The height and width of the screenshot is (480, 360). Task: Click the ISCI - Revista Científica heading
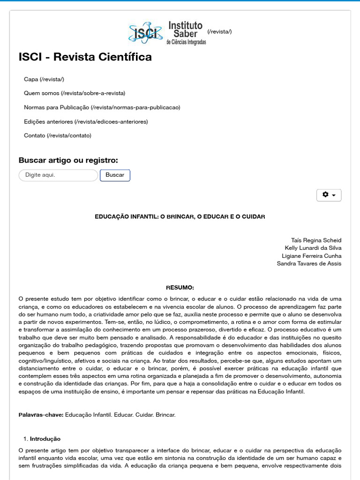coord(85,57)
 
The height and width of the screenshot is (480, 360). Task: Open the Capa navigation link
coord(44,79)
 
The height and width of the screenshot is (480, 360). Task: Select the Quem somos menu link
coord(75,93)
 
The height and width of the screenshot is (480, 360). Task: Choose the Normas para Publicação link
coord(102,107)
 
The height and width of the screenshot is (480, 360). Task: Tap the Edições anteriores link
coord(86,121)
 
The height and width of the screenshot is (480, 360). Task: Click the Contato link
coord(58,135)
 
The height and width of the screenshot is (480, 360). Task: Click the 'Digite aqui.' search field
coord(58,175)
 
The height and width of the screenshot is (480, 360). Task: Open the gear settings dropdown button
coord(329,195)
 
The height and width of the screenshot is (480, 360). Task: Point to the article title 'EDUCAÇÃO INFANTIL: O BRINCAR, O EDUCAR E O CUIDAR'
coord(180,217)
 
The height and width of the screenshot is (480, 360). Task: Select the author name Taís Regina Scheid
coord(316,240)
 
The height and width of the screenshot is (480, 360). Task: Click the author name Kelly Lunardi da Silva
coord(313,247)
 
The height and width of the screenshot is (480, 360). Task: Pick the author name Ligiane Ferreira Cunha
coord(312,255)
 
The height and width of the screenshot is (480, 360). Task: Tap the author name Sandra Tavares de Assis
coord(309,263)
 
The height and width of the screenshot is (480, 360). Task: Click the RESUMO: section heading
coord(180,287)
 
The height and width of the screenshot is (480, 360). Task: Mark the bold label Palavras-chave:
coord(41,415)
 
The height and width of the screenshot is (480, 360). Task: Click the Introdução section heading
coord(45,439)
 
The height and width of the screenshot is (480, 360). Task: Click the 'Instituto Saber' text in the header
coord(186,29)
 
